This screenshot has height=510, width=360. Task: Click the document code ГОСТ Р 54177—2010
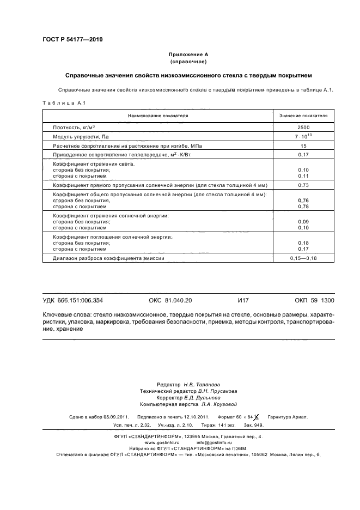(x=72, y=39)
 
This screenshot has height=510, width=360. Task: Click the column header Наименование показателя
(x=158, y=116)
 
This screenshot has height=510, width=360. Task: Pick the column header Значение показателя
(x=303, y=116)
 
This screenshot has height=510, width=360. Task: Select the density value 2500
(x=303, y=127)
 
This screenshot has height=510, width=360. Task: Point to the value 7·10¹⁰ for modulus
(x=303, y=136)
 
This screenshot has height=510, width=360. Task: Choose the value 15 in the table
(x=303, y=146)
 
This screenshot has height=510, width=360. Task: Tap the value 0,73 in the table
(x=303, y=186)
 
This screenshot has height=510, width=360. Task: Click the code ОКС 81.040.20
(x=170, y=300)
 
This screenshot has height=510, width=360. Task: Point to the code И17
(x=243, y=300)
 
